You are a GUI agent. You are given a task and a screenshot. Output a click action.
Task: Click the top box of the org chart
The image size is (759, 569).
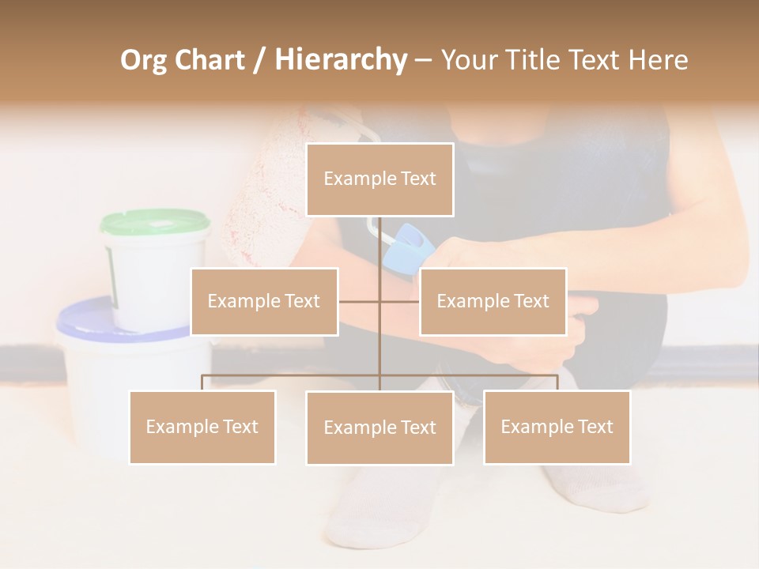pyautogui.click(x=379, y=179)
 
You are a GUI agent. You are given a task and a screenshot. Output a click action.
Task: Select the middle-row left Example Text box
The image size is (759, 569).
pyautogui.click(x=264, y=301)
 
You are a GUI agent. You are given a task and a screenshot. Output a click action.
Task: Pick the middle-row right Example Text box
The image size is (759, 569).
pyautogui.click(x=493, y=301)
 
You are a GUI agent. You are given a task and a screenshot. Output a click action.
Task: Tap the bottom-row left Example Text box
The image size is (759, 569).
pyautogui.click(x=202, y=427)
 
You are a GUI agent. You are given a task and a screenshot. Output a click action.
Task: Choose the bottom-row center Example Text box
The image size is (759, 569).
pyautogui.click(x=379, y=428)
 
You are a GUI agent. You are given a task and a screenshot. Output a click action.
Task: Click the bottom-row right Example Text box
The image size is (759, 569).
pyautogui.click(x=557, y=427)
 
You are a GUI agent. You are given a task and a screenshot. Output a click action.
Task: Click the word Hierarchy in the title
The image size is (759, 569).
pyautogui.click(x=341, y=60)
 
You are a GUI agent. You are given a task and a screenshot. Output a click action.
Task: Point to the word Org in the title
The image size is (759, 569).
pyautogui.click(x=143, y=60)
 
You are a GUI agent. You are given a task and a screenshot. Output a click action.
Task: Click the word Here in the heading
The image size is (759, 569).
pyautogui.click(x=658, y=60)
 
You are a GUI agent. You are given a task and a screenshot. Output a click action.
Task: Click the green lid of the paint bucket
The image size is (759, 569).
pyautogui.click(x=155, y=223)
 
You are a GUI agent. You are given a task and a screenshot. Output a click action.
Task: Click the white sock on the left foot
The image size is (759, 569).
pyautogui.click(x=364, y=506)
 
